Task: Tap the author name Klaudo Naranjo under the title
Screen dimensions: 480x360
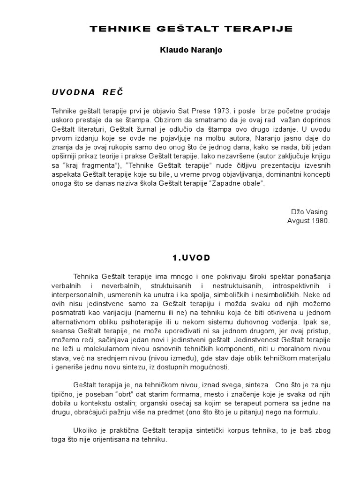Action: pos(191,50)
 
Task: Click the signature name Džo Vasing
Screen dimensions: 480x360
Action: pos(311,212)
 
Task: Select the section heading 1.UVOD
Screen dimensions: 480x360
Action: pos(191,258)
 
